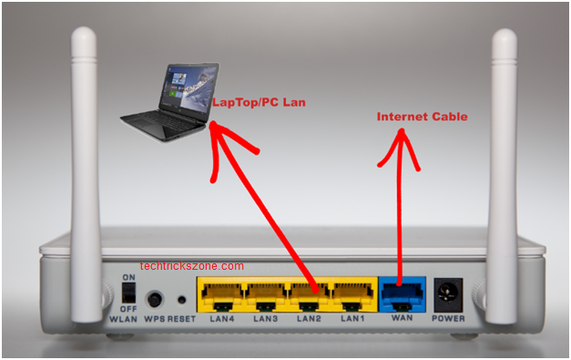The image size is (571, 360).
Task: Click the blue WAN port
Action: pyautogui.click(x=402, y=294)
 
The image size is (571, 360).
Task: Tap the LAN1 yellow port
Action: pyautogui.click(x=352, y=295)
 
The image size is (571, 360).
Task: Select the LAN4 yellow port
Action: pyautogui.click(x=222, y=295)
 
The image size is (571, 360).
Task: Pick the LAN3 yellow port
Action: pyautogui.click(x=266, y=295)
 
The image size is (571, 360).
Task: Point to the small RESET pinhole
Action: pyautogui.click(x=181, y=300)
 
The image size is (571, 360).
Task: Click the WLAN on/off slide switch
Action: pyautogui.click(x=128, y=293)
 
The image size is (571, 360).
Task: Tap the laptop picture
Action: pyautogui.click(x=169, y=102)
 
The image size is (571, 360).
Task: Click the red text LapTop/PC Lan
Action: pyautogui.click(x=259, y=102)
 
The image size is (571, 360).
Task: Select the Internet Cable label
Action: pyautogui.click(x=422, y=117)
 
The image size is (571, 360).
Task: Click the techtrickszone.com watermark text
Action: pyautogui.click(x=191, y=266)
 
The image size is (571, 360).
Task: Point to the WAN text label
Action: pyautogui.click(x=402, y=318)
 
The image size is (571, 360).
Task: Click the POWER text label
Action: pyautogui.click(x=448, y=318)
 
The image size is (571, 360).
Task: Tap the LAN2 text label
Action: pyautogui.click(x=309, y=319)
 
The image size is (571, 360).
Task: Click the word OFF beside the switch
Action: pyautogui.click(x=128, y=309)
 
